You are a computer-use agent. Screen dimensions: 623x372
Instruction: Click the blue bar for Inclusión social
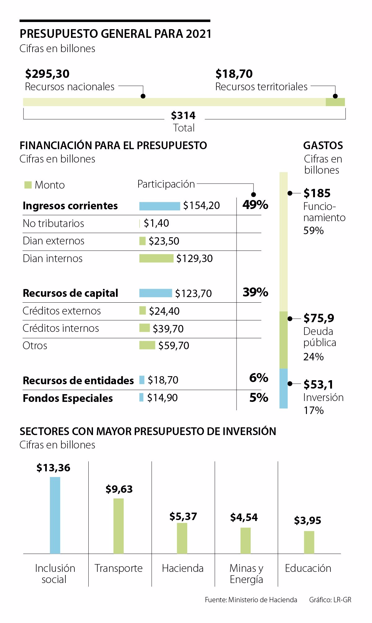click(x=55, y=515)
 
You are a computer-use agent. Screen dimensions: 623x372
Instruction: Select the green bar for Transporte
click(x=118, y=526)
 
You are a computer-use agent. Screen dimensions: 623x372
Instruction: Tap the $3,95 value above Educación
click(x=308, y=520)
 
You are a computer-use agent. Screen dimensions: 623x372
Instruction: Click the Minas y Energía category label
click(x=246, y=574)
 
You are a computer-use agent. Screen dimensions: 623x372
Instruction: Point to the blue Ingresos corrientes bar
click(x=159, y=206)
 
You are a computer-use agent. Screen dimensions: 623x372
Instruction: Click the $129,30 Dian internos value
click(x=194, y=259)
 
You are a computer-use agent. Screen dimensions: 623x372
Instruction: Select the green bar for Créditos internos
click(x=144, y=328)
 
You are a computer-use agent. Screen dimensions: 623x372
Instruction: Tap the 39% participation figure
click(x=255, y=292)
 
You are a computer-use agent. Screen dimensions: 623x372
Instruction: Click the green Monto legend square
click(x=28, y=185)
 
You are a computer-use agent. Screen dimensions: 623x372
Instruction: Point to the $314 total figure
click(x=183, y=116)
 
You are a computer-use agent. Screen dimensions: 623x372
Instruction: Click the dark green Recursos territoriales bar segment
click(x=335, y=102)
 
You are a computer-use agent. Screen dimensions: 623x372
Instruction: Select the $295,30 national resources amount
click(x=47, y=74)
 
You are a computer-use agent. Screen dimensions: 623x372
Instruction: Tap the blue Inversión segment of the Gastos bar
click(x=283, y=388)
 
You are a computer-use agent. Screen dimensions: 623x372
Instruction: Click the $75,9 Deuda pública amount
click(x=319, y=318)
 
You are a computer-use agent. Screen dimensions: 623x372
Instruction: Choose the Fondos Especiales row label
click(x=68, y=398)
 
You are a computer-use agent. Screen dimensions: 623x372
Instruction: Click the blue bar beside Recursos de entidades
click(x=142, y=380)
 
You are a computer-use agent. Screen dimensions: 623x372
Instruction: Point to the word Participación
click(x=166, y=184)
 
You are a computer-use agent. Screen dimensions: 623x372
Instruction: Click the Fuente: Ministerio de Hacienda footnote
click(x=251, y=600)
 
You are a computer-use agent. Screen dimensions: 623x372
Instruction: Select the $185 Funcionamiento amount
click(x=317, y=193)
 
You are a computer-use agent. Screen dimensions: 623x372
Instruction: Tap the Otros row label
click(x=35, y=345)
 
